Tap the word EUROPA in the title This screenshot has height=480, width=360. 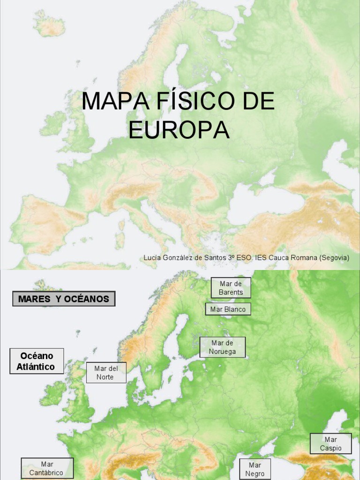tap(179, 130)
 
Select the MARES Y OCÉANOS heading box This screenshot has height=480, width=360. tap(63, 299)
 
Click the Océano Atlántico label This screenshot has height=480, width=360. tap(36, 361)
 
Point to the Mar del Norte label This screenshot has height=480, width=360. tap(106, 373)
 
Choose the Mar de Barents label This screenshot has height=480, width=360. tap(231, 288)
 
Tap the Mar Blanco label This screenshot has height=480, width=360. tap(228, 309)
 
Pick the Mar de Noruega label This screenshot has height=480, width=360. tap(222, 347)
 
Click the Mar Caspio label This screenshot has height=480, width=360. tap(330, 444)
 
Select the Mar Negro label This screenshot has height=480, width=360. tap(255, 469)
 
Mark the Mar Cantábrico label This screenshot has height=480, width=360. tap(47, 468)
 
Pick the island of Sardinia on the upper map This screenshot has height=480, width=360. tap(120, 239)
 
